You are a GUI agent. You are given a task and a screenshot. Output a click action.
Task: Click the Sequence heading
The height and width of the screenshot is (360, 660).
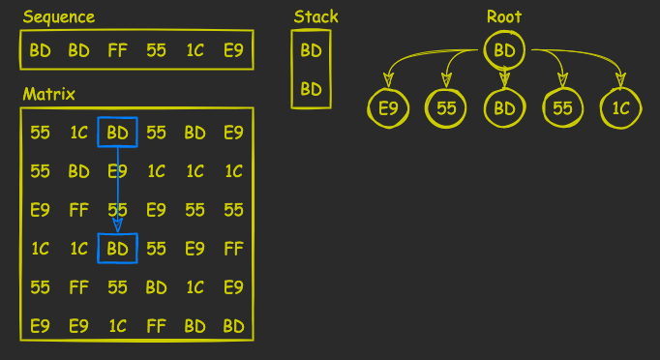tap(59, 16)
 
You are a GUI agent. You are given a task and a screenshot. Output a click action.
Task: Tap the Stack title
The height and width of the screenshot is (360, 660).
tap(315, 16)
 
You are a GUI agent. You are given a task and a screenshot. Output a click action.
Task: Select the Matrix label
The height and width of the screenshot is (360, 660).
tap(48, 94)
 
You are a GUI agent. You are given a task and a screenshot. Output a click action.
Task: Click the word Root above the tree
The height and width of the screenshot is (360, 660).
tap(504, 16)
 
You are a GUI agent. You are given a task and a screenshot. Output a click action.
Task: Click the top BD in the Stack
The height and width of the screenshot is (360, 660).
tap(311, 50)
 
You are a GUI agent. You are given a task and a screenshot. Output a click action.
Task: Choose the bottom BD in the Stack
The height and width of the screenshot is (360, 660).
tap(311, 89)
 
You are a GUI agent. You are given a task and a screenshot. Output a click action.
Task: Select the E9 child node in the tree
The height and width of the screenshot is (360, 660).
tap(388, 108)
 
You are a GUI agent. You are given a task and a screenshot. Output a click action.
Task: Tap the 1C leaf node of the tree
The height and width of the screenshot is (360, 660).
tap(620, 108)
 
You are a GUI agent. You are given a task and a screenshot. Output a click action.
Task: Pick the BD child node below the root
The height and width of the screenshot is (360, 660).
tap(504, 108)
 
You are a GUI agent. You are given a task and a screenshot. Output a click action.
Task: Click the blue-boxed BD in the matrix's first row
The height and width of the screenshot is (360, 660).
tap(118, 133)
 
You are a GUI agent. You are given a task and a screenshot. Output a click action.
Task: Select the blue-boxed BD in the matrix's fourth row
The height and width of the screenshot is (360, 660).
tap(118, 249)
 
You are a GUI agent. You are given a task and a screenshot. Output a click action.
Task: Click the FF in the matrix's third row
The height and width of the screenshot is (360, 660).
tap(79, 210)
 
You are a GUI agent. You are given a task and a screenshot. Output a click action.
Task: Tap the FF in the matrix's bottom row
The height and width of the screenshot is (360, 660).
tap(157, 326)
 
